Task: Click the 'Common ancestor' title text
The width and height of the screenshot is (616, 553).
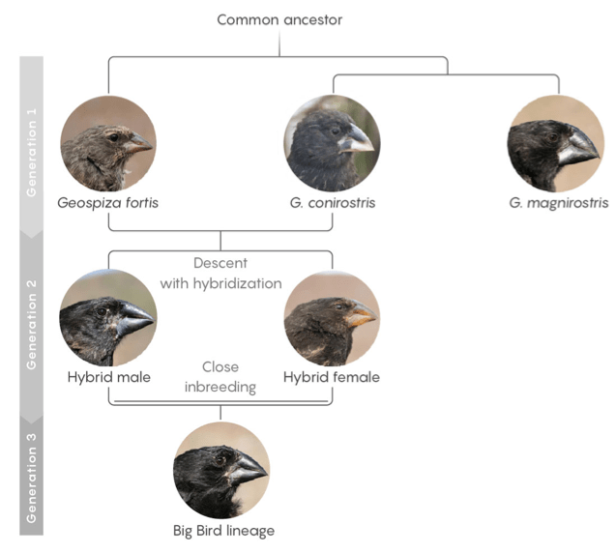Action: (x=279, y=19)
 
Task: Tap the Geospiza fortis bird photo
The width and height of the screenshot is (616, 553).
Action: (x=107, y=144)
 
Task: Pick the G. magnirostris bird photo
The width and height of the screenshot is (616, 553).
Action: (x=554, y=144)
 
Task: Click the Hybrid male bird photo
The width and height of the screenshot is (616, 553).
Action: (x=107, y=318)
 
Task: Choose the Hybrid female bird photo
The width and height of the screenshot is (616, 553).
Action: (x=331, y=318)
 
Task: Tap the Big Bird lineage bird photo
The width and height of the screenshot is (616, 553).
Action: (x=220, y=470)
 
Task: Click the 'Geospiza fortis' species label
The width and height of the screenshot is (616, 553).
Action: (x=107, y=203)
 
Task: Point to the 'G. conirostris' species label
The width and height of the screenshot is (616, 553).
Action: (x=331, y=203)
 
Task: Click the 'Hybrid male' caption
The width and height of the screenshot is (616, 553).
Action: (x=108, y=377)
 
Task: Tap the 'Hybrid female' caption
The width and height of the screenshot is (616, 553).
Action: (x=331, y=377)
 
